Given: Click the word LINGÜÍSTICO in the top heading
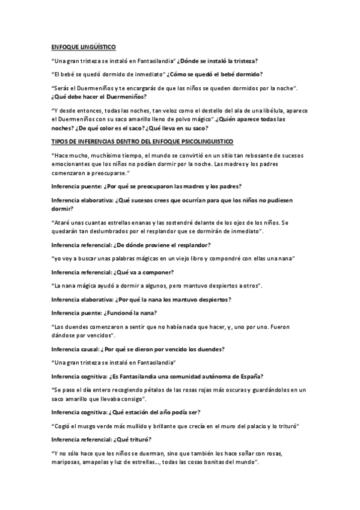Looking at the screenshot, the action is click(x=96, y=47).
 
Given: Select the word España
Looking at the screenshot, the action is click(x=246, y=377).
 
